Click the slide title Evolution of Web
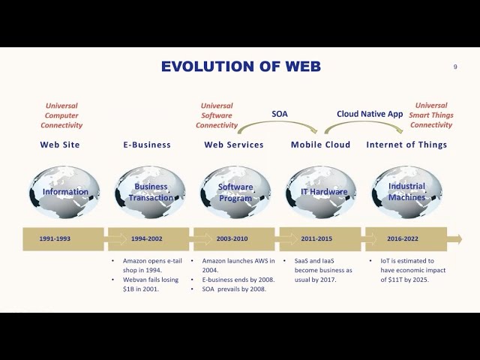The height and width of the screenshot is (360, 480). point(241,67)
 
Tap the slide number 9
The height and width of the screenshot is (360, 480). point(455,67)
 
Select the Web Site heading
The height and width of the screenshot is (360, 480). point(60,145)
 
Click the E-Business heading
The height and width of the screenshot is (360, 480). point(147,145)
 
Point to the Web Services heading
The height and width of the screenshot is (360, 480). point(234,145)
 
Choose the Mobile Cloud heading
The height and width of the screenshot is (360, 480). point(320,145)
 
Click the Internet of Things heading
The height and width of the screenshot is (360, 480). point(406,145)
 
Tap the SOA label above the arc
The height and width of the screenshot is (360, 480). point(279,114)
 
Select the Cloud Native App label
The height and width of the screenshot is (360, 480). point(370,114)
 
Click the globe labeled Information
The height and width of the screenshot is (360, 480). point(64,192)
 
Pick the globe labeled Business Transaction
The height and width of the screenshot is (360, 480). point(150,192)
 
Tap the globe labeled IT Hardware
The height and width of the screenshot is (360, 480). point(322,192)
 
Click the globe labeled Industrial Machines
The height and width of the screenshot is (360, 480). point(407,192)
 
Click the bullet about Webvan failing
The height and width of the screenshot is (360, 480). point(151,283)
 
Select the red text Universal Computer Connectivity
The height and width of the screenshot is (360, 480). point(61,115)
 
